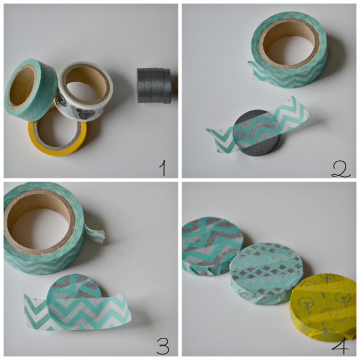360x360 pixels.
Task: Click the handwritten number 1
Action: [163, 168]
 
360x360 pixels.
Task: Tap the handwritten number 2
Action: [341, 169]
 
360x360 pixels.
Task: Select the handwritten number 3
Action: [163, 346]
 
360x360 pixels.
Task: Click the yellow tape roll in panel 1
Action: [58, 147]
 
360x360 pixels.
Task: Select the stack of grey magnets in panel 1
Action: [154, 86]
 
